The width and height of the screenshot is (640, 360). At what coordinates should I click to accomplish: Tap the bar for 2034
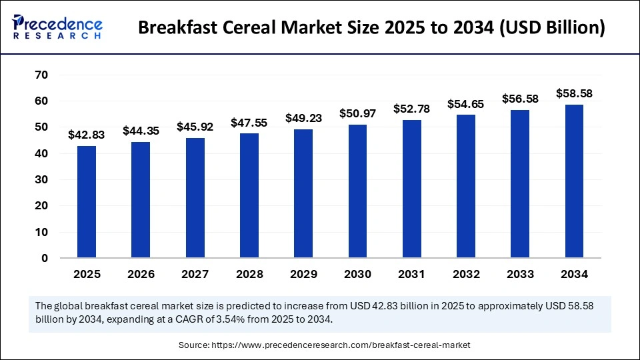575,181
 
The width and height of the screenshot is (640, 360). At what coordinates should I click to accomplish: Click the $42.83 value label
87,135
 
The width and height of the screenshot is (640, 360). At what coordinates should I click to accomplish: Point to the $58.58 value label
575,94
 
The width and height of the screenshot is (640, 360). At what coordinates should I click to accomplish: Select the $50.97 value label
357,114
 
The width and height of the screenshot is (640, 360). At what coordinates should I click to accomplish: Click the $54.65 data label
466,104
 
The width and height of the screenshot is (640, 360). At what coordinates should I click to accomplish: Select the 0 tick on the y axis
45,258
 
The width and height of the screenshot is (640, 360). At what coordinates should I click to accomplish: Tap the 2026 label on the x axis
141,274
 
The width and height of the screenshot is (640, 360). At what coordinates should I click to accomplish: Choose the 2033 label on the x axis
520,274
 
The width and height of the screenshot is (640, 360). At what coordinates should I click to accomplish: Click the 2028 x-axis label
249,274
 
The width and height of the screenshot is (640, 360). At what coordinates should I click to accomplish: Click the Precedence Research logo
57,28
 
